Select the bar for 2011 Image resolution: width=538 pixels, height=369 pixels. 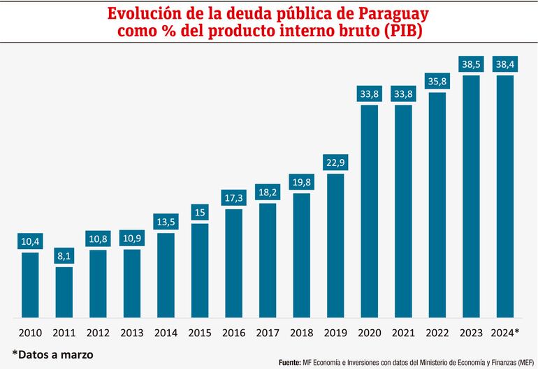pyautogui.click(x=64, y=292)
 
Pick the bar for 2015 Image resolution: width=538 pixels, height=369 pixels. pyautogui.click(x=200, y=269)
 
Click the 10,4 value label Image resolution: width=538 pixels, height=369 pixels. pyautogui.click(x=30, y=241)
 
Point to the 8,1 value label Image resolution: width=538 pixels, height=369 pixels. pyautogui.click(x=64, y=256)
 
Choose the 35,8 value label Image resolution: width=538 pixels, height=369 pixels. pyautogui.click(x=437, y=81)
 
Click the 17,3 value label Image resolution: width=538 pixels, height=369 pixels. pyautogui.click(x=233, y=198)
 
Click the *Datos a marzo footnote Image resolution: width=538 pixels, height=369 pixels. pyautogui.click(x=52, y=354)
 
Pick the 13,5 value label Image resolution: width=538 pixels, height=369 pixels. pyautogui.click(x=166, y=222)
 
